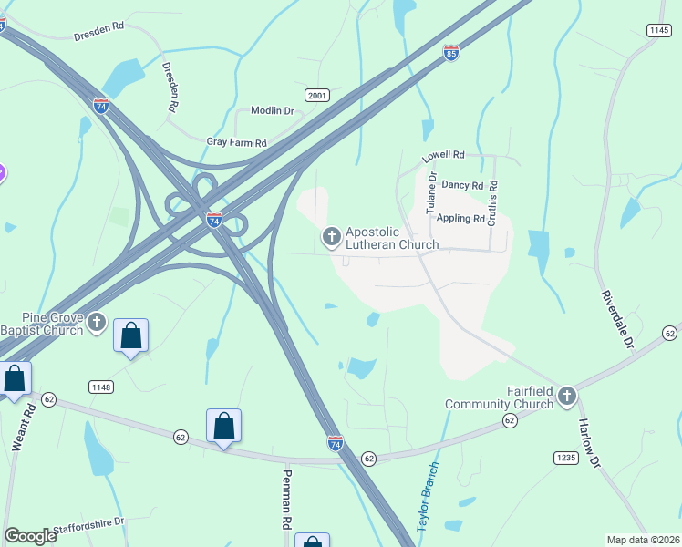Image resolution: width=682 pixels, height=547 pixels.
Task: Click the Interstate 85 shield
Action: coord(450,54)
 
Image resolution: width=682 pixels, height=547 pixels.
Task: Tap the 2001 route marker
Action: coord(316,95)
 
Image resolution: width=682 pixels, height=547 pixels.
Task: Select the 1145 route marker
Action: coord(658,31)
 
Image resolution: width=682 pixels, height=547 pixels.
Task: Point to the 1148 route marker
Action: coord(101,387)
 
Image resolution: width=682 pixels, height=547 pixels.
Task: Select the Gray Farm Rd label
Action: coord(236,143)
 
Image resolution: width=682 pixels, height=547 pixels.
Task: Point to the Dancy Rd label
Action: coord(460,185)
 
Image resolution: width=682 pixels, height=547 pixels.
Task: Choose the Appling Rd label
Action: coord(460,219)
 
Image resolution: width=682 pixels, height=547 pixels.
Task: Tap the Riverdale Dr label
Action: coord(615,321)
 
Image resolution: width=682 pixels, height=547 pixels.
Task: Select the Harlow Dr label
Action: coord(589,444)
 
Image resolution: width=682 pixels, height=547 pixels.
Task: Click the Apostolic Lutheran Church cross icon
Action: coord(331,238)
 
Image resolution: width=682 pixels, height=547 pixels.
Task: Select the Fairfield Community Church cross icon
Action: coord(567,396)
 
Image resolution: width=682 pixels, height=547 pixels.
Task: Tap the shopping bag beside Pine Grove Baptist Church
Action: coord(131,335)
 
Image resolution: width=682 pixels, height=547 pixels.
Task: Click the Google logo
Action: coord(30,536)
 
